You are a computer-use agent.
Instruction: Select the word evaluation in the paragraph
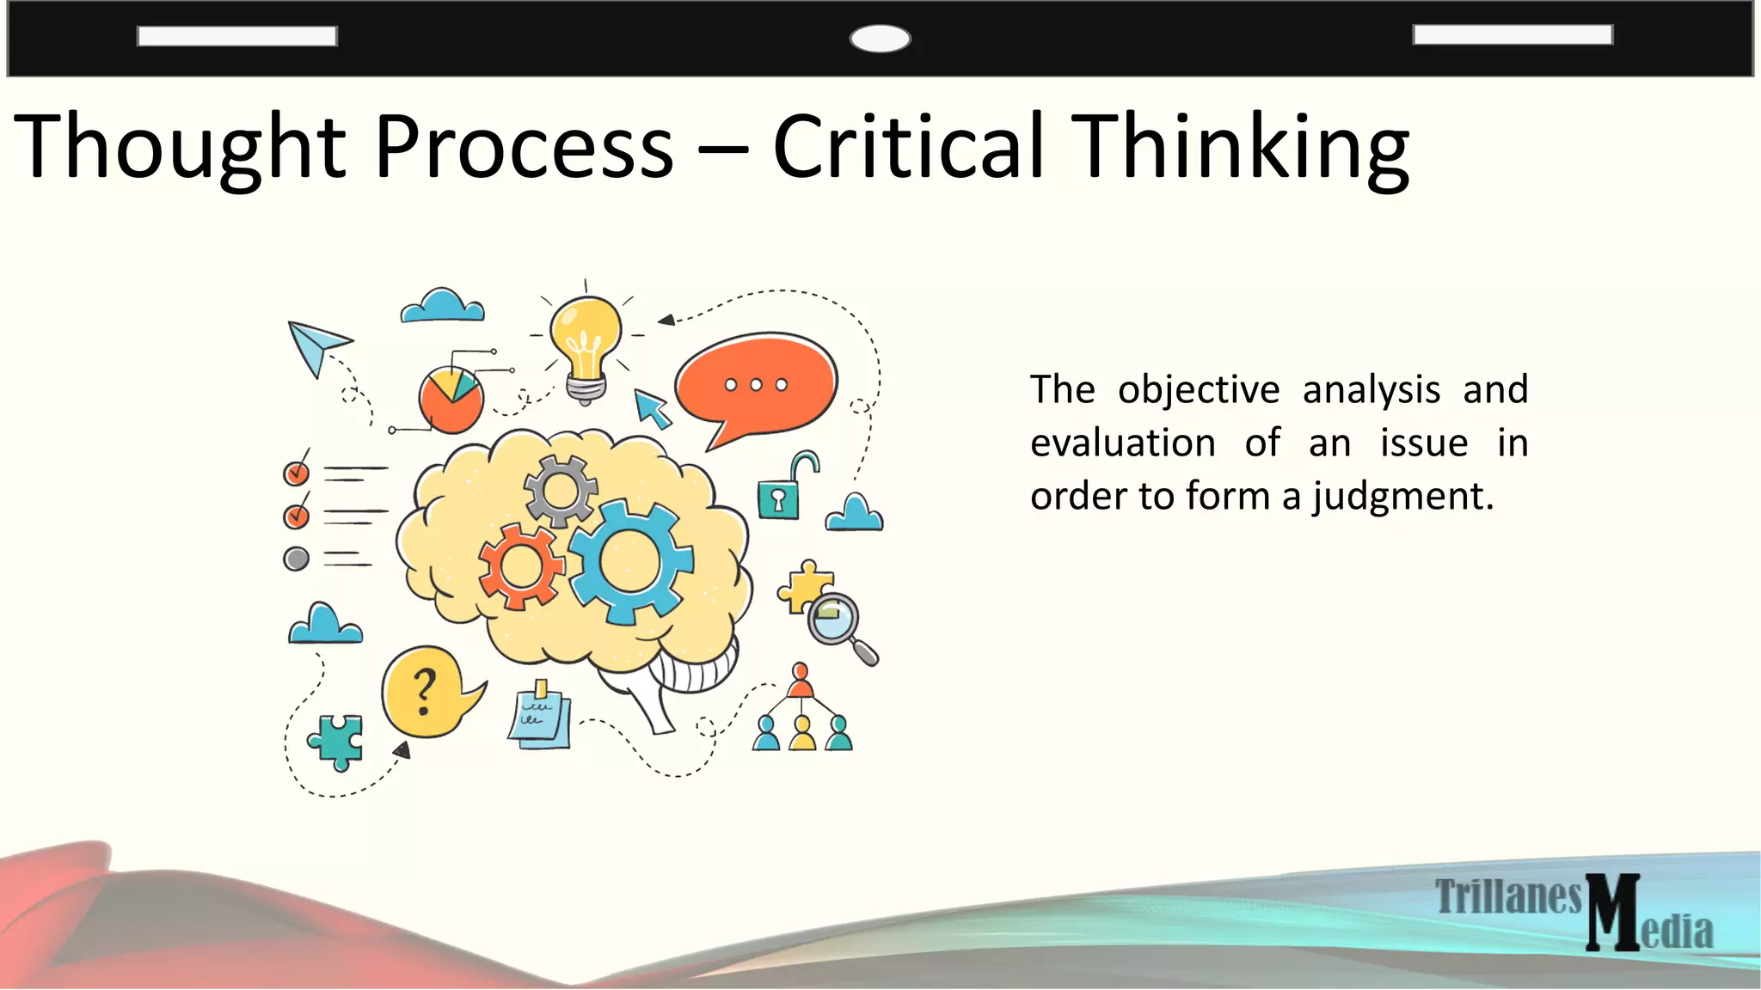1123,443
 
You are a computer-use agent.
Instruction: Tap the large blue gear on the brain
630,561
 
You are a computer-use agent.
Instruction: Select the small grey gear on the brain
561,492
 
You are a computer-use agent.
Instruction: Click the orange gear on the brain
521,566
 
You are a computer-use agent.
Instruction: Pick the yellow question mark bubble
423,692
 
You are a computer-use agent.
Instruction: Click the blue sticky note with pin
540,717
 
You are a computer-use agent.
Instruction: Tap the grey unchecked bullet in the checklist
296,559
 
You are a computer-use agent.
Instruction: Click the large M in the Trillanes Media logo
1613,912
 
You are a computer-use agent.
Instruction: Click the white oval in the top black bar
880,39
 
